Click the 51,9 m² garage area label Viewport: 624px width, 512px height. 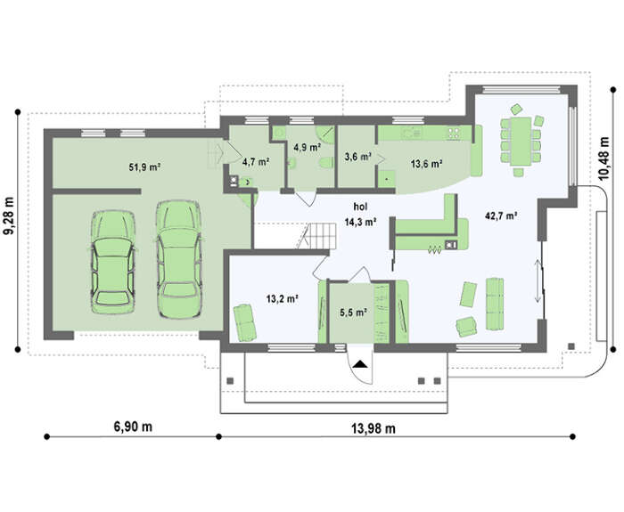pos(144,167)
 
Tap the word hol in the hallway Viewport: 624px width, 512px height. pos(360,207)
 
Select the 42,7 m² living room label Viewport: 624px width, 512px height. pos(501,215)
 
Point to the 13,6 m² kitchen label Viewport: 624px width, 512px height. pos(427,163)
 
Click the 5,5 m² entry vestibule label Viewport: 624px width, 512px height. pos(353,313)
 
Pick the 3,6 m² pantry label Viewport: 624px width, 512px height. pos(357,157)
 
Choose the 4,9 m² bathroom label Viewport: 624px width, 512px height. pos(308,148)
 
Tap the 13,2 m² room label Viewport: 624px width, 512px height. pos(283,298)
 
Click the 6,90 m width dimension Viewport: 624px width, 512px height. pos(133,427)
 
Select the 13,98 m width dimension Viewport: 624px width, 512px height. pos(374,428)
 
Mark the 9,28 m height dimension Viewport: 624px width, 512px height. pos(9,215)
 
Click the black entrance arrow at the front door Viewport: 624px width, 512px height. pos(360,363)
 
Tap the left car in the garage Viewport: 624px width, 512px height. pos(113,262)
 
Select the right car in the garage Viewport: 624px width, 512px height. pos(179,259)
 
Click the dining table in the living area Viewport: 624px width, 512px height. pos(521,141)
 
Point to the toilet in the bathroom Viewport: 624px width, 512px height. pos(326,163)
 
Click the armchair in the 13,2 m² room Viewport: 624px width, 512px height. pos(243,322)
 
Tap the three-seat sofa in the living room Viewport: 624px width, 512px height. pos(495,304)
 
